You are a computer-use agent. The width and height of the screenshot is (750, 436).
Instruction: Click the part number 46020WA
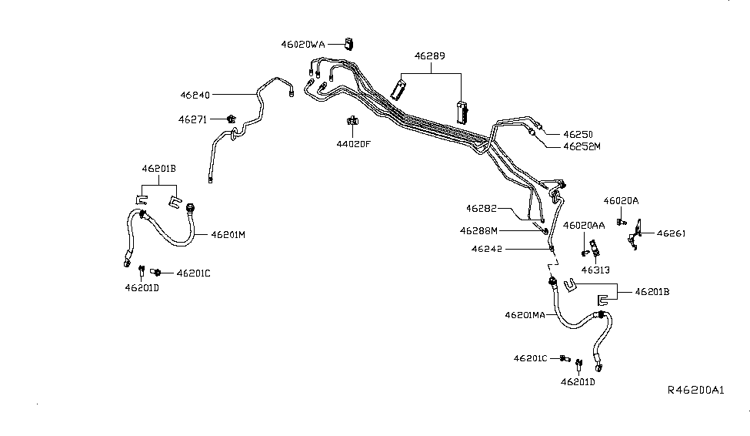[306, 45]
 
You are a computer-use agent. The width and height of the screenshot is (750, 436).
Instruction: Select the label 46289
[430, 56]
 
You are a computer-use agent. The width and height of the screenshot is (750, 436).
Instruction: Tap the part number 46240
[195, 95]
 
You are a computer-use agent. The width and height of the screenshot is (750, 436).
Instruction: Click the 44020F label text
[352, 143]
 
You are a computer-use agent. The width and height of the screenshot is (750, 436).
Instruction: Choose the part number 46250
[578, 133]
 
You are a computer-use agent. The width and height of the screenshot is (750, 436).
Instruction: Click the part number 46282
[482, 208]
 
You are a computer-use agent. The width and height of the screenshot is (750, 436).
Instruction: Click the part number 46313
[595, 270]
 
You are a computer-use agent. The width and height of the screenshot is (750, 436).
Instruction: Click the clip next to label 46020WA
[348, 43]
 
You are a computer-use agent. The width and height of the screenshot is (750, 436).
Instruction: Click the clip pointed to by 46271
[231, 119]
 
